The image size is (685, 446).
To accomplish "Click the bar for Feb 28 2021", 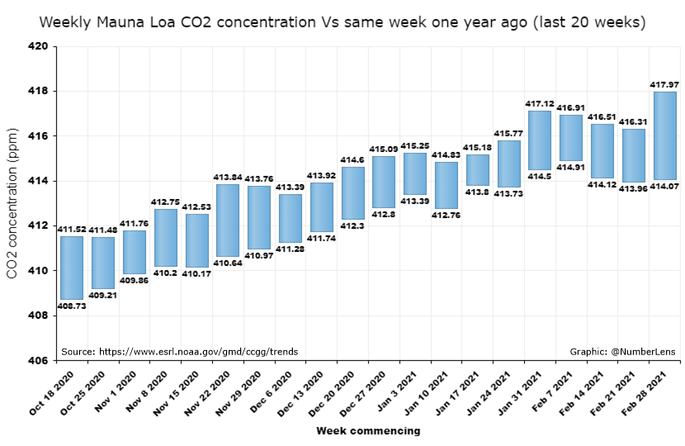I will click(x=665, y=135).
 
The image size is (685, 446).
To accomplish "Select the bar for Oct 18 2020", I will click(x=72, y=268).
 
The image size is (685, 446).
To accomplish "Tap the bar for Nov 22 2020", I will click(x=228, y=220).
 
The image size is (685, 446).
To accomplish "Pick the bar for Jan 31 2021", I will click(x=540, y=140).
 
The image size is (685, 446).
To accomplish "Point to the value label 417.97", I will click(x=664, y=84).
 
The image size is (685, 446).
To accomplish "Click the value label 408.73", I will click(x=72, y=306).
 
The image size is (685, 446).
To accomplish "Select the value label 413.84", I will click(x=228, y=177).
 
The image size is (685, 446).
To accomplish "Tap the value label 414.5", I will click(x=540, y=176).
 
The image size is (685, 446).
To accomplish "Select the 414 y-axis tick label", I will click(x=40, y=181).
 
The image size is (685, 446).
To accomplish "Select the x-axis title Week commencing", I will click(x=368, y=431).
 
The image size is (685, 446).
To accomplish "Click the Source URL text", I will click(x=179, y=351).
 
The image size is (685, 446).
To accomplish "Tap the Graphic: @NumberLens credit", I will click(x=622, y=351).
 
